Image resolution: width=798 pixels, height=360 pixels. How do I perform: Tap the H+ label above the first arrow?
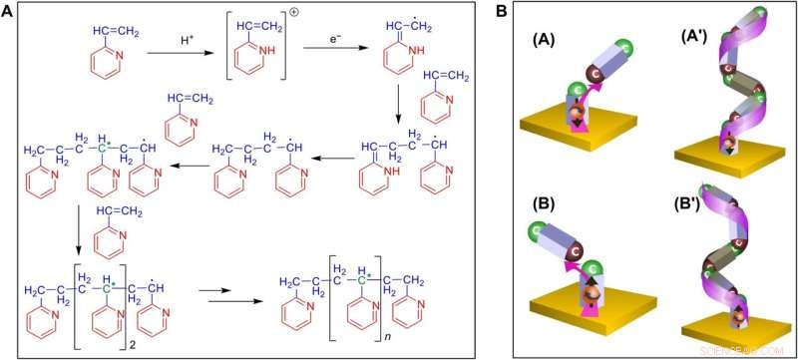click(x=188, y=40)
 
